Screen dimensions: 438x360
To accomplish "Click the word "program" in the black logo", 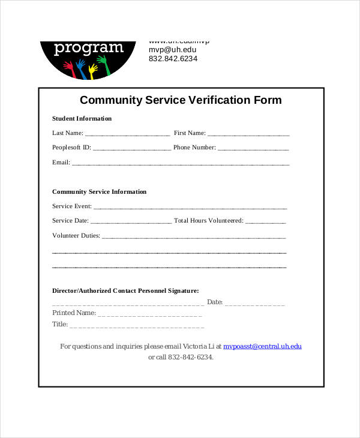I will point(88,48).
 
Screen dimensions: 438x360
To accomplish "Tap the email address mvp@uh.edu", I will point(172,50).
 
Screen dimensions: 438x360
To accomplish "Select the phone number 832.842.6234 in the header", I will point(173,59).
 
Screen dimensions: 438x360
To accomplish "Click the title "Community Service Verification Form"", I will point(181,100).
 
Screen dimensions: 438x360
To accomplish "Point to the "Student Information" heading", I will point(82,118).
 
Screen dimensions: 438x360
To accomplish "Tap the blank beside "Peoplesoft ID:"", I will point(132,148).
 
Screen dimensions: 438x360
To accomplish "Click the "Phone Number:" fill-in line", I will point(253,148).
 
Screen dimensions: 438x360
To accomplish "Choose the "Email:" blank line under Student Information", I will point(181,163).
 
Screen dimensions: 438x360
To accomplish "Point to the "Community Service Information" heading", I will point(99,191).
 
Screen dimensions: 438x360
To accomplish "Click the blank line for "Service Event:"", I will point(190,207).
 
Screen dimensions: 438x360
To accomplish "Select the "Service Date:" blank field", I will point(132,221).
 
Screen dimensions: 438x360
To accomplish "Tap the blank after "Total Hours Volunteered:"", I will point(266,221).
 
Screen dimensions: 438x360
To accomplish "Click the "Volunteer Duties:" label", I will point(76,236).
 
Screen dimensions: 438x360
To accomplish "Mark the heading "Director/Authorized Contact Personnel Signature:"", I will point(125,290).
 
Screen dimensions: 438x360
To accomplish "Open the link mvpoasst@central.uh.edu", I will point(262,346).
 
